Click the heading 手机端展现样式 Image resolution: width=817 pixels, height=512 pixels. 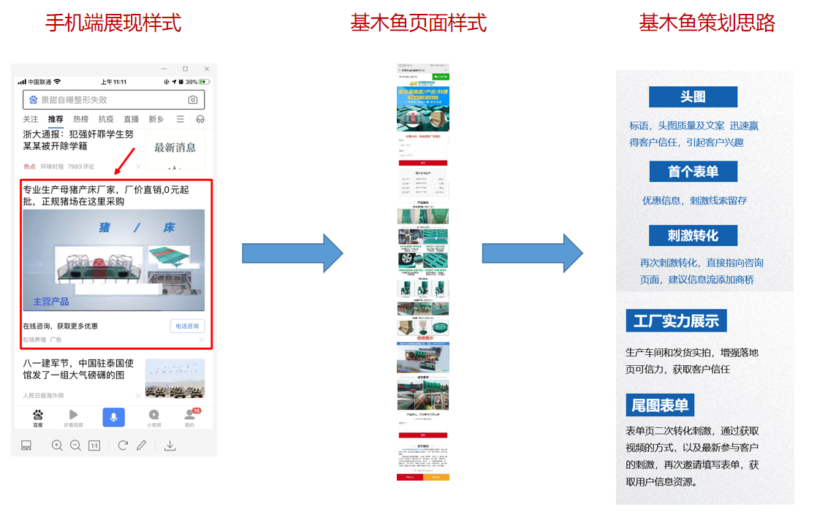pyautogui.click(x=113, y=23)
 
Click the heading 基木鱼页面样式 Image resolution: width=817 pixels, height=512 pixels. pyautogui.click(x=418, y=23)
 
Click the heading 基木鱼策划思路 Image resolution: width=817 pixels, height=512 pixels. pyautogui.click(x=707, y=23)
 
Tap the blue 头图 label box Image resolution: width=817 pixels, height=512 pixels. pyautogui.click(x=693, y=97)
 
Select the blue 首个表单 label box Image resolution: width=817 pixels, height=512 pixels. pyautogui.click(x=693, y=172)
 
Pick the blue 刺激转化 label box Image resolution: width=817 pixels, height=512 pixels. pyautogui.click(x=693, y=235)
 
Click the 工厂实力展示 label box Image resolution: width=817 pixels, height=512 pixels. pyautogui.click(x=676, y=321)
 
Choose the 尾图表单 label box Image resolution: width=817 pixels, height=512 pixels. pyautogui.click(x=660, y=405)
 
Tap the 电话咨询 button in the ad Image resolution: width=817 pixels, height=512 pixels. pyautogui.click(x=186, y=326)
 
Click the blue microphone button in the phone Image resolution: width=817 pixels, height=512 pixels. pyautogui.click(x=113, y=417)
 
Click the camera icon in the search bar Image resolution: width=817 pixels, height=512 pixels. pyautogui.click(x=193, y=100)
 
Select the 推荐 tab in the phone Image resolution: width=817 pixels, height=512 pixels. pyautogui.click(x=56, y=119)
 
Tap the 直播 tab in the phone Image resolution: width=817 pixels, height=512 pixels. pyautogui.click(x=131, y=119)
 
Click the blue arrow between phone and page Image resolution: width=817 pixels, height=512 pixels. pyautogui.click(x=292, y=253)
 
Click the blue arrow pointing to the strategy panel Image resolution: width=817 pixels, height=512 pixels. pyautogui.click(x=532, y=253)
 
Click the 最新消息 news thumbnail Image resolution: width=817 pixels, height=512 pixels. pyautogui.click(x=175, y=148)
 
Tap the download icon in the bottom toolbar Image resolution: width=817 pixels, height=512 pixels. pyautogui.click(x=170, y=446)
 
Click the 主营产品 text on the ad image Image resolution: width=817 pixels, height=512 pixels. pyautogui.click(x=51, y=301)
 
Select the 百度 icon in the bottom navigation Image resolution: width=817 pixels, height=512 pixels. pyautogui.click(x=38, y=418)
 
